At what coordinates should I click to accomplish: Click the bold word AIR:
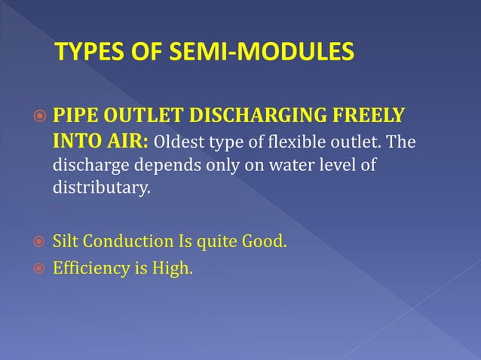coord(129,142)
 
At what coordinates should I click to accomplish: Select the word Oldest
coord(181,143)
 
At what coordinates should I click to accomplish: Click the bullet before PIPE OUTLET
coord(38,119)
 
